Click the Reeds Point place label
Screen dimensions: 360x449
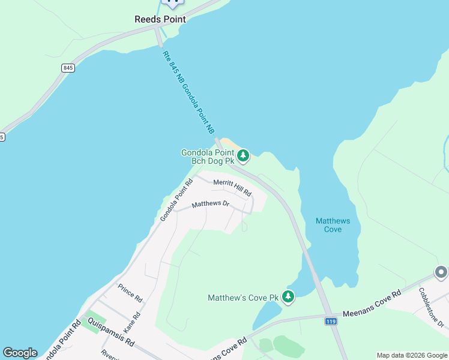point(160,19)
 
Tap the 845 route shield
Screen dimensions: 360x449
point(67,68)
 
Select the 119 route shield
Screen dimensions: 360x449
point(331,322)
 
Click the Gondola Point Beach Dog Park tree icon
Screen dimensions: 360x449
point(243,156)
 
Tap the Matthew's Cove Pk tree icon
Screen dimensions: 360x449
point(288,296)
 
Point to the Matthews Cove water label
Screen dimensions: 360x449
point(328,226)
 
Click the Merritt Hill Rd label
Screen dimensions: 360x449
point(232,187)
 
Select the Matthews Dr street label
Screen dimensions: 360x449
point(211,204)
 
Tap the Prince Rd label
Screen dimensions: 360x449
point(130,293)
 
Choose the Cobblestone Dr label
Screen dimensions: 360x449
point(432,307)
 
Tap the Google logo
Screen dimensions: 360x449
point(20,353)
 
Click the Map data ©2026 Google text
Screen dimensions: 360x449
point(412,355)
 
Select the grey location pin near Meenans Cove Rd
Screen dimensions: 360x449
point(441,273)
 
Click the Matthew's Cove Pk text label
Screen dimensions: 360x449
point(243,298)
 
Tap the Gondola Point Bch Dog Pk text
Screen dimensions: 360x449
point(208,157)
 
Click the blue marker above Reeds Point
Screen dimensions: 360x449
point(173,2)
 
